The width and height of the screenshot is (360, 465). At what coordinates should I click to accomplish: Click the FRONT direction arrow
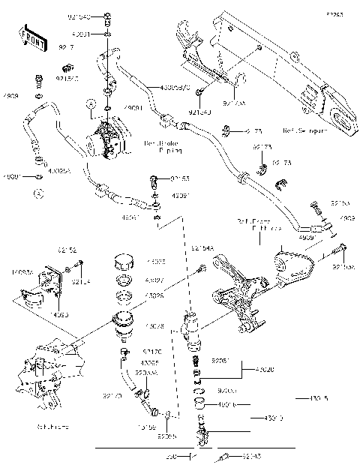tap(28, 37)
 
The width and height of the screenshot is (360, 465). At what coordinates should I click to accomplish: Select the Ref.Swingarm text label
tap(304, 130)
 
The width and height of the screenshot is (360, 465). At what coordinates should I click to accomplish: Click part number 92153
tap(179, 178)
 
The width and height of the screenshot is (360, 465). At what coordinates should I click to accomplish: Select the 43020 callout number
tap(268, 370)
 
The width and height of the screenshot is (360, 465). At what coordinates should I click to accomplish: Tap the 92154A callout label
tap(202, 248)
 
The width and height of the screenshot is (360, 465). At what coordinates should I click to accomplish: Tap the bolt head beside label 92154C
tap(40, 79)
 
